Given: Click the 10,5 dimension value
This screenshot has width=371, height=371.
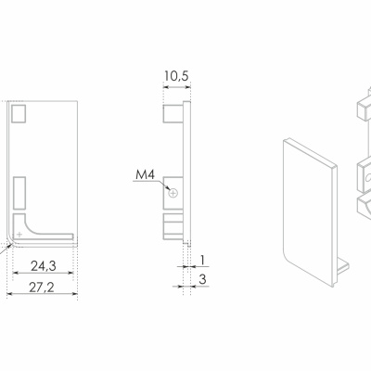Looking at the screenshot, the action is coord(176,76).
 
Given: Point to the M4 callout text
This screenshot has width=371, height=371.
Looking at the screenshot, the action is coord(145,175).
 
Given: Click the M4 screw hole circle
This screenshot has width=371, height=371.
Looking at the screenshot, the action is coord(173,194).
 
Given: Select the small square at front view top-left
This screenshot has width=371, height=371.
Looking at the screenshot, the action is coord(19,113).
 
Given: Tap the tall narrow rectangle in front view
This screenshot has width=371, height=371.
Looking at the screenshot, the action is coord(19,192).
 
